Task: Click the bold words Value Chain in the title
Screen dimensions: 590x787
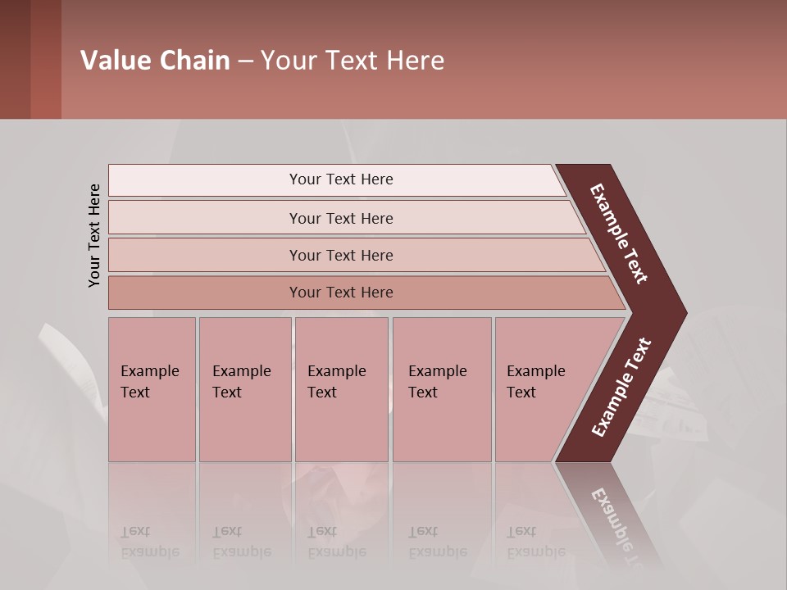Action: click(x=155, y=61)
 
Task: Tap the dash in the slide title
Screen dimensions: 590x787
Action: click(x=245, y=61)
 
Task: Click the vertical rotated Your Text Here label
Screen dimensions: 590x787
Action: click(x=94, y=235)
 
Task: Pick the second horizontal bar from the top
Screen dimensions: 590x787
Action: click(x=340, y=218)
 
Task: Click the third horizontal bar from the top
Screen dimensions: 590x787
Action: click(x=340, y=255)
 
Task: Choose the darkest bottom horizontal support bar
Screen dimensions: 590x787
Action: click(x=340, y=293)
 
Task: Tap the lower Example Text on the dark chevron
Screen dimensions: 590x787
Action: click(x=621, y=387)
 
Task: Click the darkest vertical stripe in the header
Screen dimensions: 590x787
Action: click(x=15, y=59)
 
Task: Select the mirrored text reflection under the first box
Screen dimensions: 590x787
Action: click(x=149, y=542)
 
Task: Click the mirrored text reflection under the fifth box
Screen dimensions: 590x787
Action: click(x=535, y=542)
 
